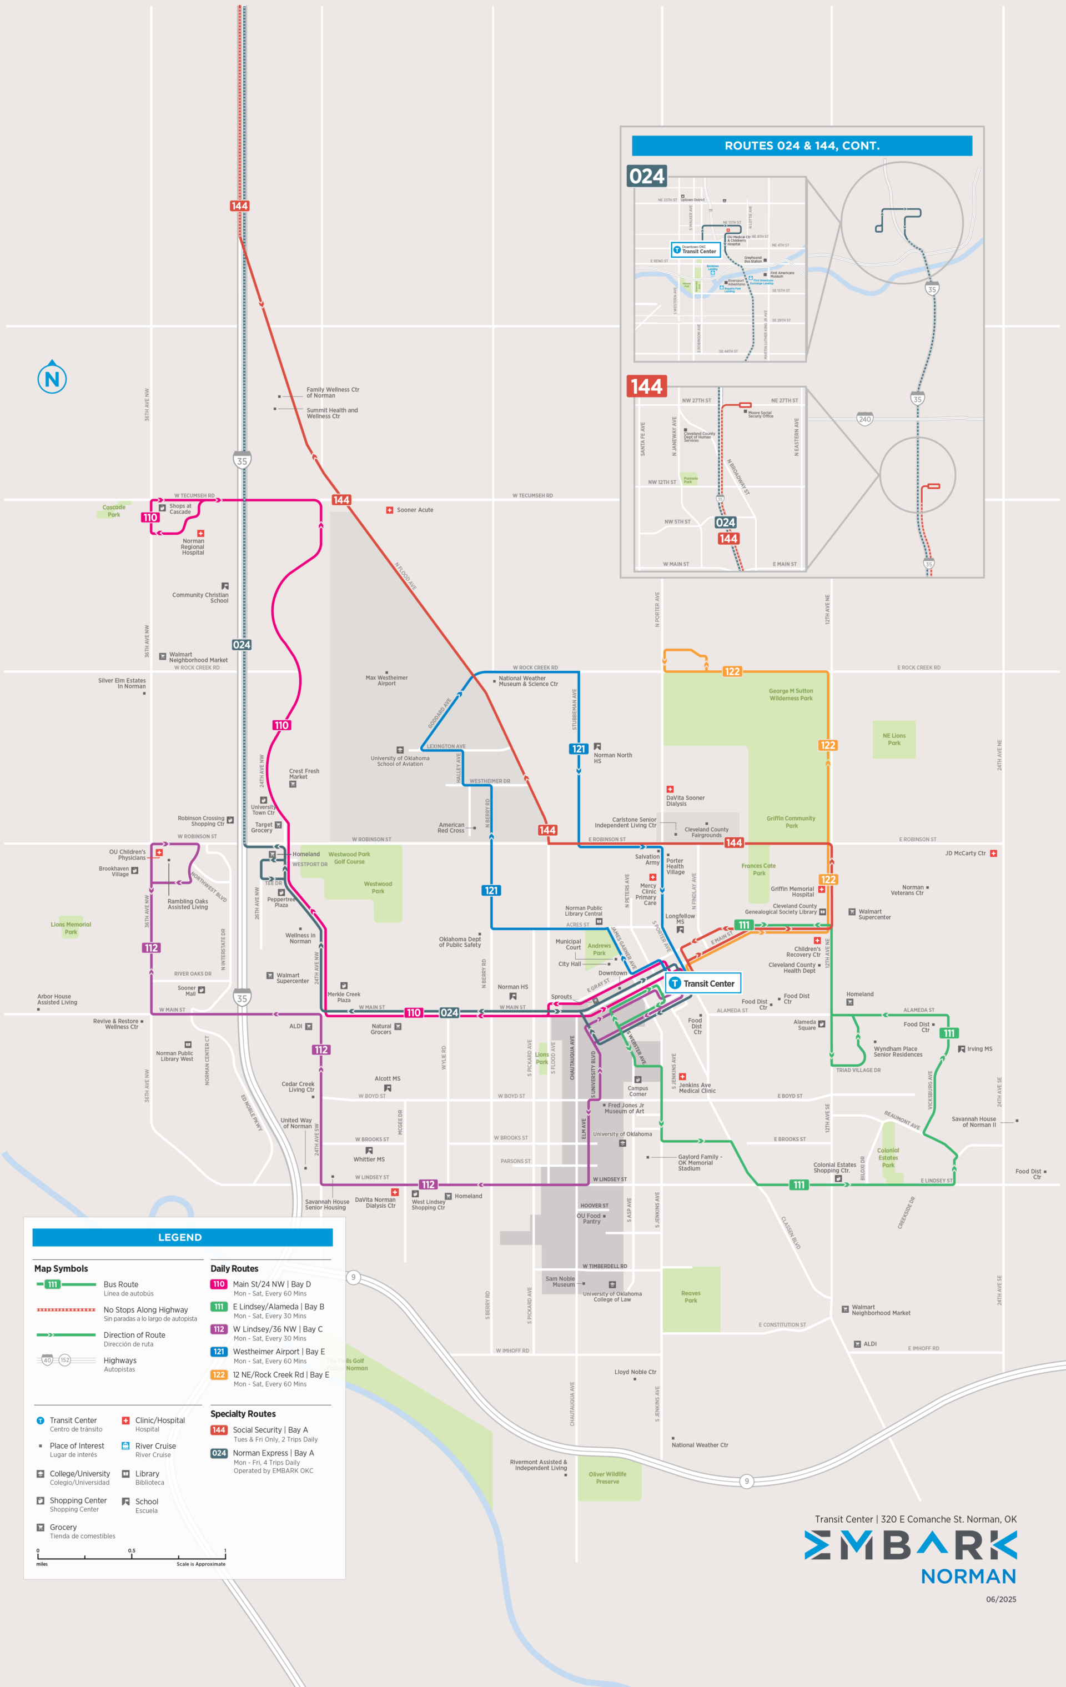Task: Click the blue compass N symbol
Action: click(52, 378)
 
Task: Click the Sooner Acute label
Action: click(415, 510)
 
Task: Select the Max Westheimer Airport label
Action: click(386, 680)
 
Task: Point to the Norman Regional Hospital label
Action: click(193, 546)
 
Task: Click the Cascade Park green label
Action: click(113, 511)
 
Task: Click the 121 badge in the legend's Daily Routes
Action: click(219, 1352)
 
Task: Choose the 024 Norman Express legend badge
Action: click(219, 1453)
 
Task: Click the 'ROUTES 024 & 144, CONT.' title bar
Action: click(801, 145)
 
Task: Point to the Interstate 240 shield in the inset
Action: click(864, 419)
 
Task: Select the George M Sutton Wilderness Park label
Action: click(791, 694)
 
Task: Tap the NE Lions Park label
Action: click(894, 739)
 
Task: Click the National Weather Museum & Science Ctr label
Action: click(528, 681)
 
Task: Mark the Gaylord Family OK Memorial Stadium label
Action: click(699, 1162)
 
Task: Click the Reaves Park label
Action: click(691, 1297)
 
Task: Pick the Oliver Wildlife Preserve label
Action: click(607, 1478)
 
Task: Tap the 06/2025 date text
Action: click(1000, 1599)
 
